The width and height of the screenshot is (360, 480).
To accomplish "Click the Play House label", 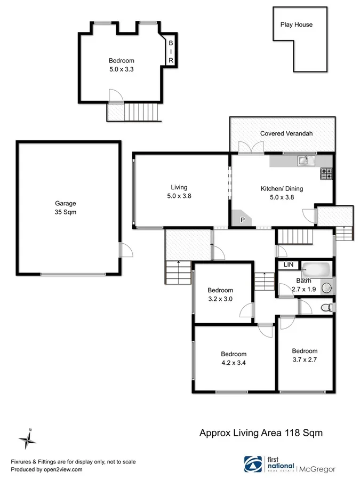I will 296,25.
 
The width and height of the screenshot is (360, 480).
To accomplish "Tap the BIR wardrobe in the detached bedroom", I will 171,52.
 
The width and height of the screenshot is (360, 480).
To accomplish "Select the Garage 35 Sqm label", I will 66,207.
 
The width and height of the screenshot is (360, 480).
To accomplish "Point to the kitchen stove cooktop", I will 326,173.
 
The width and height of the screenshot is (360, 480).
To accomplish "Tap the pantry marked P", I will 242,219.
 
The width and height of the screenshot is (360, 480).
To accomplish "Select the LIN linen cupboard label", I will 288,265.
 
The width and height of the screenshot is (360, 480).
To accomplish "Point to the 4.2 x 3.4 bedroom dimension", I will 234,363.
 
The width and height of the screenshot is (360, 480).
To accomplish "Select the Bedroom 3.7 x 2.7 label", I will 305,355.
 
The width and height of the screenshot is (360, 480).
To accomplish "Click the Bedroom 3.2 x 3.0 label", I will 220,294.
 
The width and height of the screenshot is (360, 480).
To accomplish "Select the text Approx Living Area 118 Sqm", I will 261,433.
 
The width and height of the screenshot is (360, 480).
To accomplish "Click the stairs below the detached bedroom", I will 141,112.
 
